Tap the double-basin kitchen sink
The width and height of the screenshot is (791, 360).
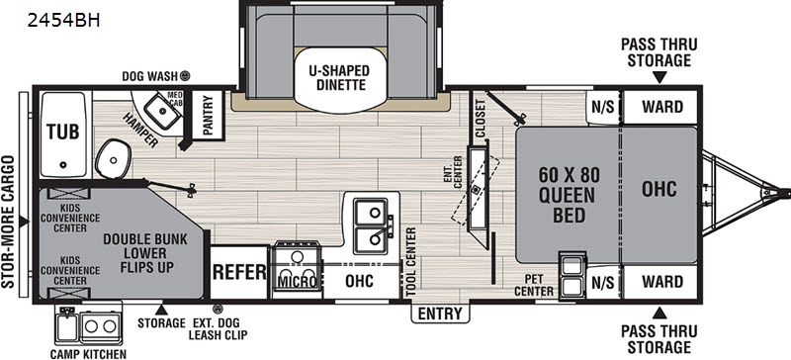coord(370,224)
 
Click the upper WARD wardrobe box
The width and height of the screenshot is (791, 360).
coord(662,106)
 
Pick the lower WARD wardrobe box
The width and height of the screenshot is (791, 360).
coord(662,281)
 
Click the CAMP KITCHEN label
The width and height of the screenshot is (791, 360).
coord(89,352)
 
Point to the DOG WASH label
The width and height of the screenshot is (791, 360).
coord(149,75)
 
